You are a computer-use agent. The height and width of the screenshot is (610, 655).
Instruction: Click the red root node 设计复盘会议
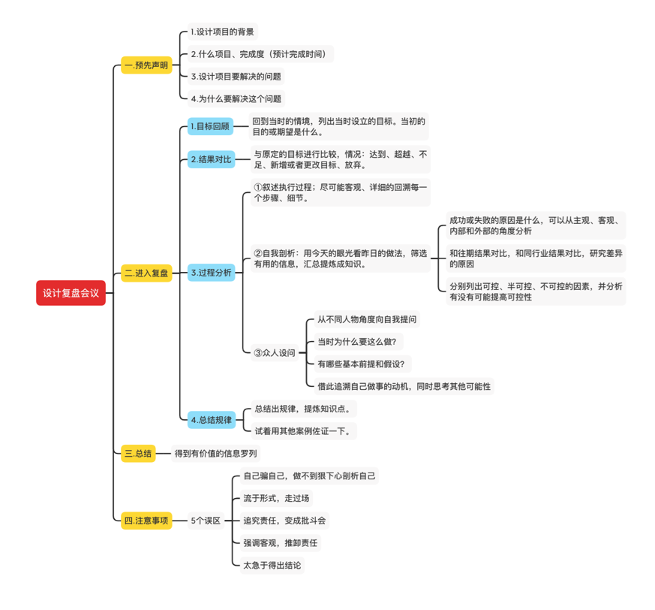point(71,293)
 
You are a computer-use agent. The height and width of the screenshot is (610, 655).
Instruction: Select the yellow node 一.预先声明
point(146,65)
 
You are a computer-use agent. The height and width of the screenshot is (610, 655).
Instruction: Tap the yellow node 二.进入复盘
point(146,273)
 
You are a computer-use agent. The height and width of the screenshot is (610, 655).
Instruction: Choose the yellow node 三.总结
point(138,453)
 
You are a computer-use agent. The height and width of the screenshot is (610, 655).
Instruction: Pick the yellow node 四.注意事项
point(146,520)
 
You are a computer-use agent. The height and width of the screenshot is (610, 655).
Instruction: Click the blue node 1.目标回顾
point(210,126)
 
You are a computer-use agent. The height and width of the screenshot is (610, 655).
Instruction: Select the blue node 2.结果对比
point(210,159)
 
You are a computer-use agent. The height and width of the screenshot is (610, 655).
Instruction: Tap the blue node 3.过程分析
point(210,273)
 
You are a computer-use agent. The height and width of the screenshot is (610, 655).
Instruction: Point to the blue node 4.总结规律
point(210,419)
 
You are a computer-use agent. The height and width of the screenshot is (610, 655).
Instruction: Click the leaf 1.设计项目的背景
point(222,32)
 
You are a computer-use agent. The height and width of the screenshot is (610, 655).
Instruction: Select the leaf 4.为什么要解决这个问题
point(236,98)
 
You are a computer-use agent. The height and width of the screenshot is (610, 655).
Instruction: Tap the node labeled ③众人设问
point(275,352)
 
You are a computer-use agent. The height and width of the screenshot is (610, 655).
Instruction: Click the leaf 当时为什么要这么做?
point(356,341)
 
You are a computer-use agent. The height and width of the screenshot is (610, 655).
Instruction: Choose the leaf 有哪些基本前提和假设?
point(361,364)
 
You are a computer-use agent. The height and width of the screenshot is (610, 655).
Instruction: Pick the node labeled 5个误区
point(206,520)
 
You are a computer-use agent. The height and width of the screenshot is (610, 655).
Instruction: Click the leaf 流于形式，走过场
point(276,498)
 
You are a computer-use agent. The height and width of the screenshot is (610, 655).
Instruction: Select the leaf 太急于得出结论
point(272,565)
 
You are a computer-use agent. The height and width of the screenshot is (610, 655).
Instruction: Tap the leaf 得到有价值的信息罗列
point(215,453)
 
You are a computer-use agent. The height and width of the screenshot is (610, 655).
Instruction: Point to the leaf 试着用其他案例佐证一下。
point(302,430)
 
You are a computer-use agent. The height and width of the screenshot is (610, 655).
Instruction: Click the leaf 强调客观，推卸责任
point(281,542)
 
